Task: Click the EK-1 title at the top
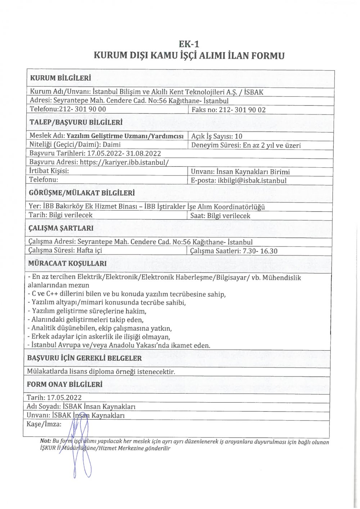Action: pos(189,44)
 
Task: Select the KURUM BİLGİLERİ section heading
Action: pos(60,78)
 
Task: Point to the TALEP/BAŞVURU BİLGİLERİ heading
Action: pos(76,122)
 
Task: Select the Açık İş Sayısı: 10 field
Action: pos(217,136)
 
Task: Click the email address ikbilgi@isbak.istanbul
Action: pos(252,181)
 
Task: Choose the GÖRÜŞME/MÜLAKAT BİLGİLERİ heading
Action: pos(82,193)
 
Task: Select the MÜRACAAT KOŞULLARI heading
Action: pos(67,263)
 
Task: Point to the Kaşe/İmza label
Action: pos(44,424)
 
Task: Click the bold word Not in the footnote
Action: pos(45,442)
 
